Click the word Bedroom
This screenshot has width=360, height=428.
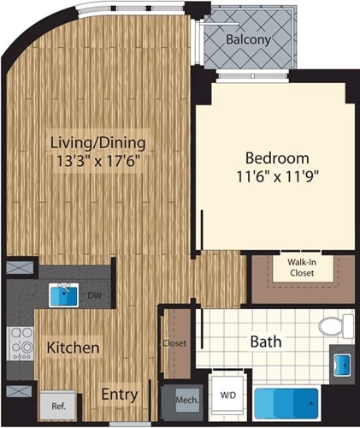[277, 158]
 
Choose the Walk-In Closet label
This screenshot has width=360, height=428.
[300, 267]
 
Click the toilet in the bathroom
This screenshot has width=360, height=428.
[335, 325]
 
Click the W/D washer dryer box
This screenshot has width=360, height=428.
[229, 396]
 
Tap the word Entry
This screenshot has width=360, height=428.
[121, 395]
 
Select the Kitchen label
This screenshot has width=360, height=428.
[73, 348]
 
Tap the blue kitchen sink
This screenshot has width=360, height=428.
[64, 296]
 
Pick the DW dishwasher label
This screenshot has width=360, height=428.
[96, 297]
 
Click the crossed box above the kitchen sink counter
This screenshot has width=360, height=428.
[18, 266]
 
